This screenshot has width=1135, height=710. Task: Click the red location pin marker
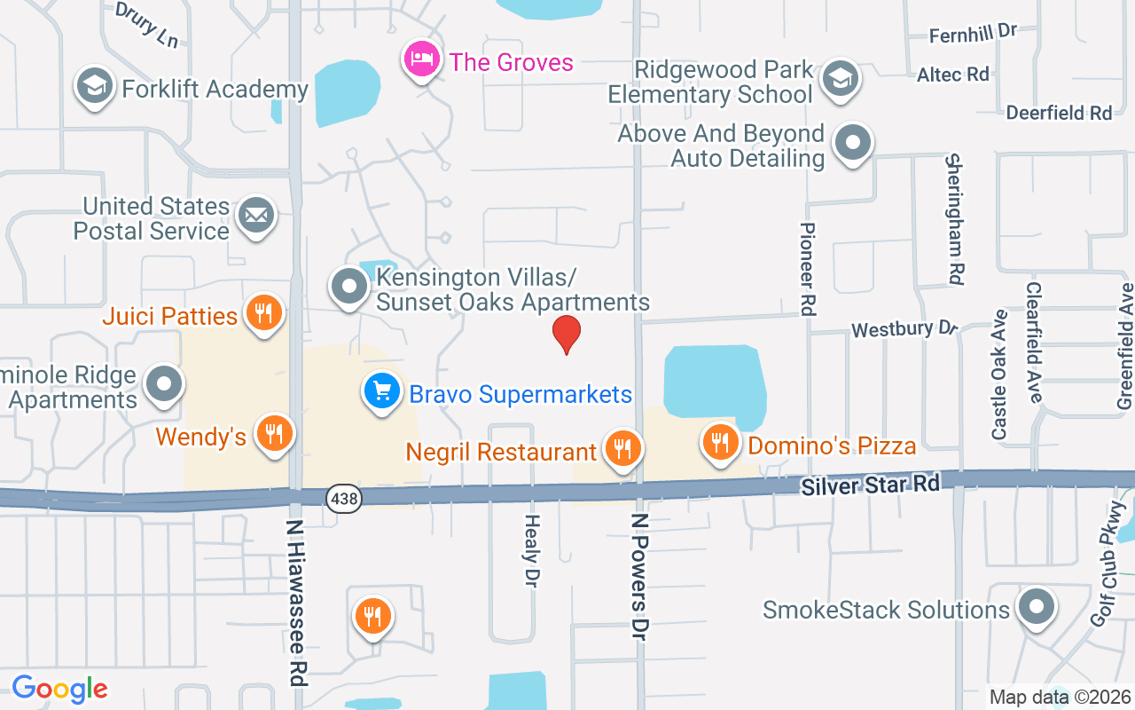click(x=567, y=335)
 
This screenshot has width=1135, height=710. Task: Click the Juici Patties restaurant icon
click(x=262, y=312)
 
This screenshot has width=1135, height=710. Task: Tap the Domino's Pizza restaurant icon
click(x=721, y=441)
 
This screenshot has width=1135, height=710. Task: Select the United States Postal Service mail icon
click(x=256, y=215)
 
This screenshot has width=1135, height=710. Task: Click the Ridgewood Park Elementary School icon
click(x=839, y=78)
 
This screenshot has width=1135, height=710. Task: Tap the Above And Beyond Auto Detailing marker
click(x=853, y=142)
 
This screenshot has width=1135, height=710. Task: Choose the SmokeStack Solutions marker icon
click(x=1035, y=607)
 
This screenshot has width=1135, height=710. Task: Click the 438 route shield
click(x=343, y=499)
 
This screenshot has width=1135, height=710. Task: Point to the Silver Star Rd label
click(x=869, y=485)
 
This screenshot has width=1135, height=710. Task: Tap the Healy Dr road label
click(x=532, y=550)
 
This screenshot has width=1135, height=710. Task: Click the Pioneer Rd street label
click(x=807, y=269)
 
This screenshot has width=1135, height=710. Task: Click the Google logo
click(x=59, y=689)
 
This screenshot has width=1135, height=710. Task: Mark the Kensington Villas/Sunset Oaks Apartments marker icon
click(x=349, y=287)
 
